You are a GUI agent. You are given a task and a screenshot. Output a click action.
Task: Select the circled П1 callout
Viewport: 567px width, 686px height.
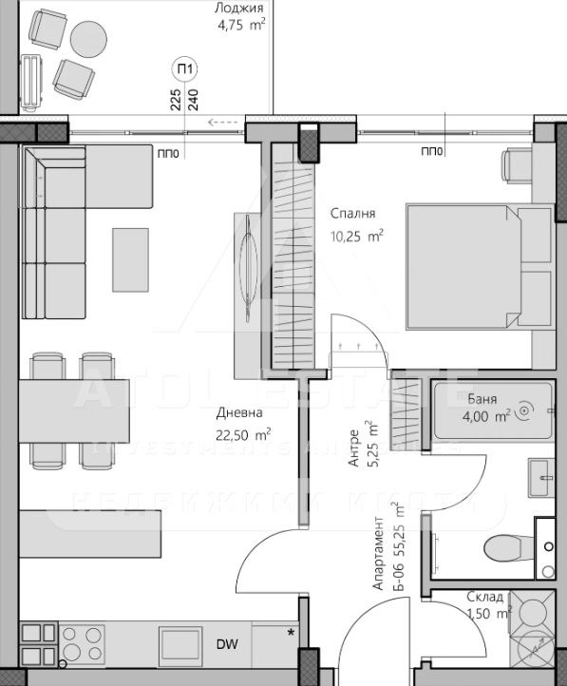coord(185,68)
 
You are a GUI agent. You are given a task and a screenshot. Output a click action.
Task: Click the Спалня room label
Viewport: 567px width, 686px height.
coord(352,214)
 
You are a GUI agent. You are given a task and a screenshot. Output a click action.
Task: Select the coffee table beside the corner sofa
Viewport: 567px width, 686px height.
coord(131,259)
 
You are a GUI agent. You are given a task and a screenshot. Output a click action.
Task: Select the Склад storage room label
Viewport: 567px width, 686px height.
coord(488,605)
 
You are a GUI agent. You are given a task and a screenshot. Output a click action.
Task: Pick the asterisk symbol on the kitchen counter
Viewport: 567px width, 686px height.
coord(292,631)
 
